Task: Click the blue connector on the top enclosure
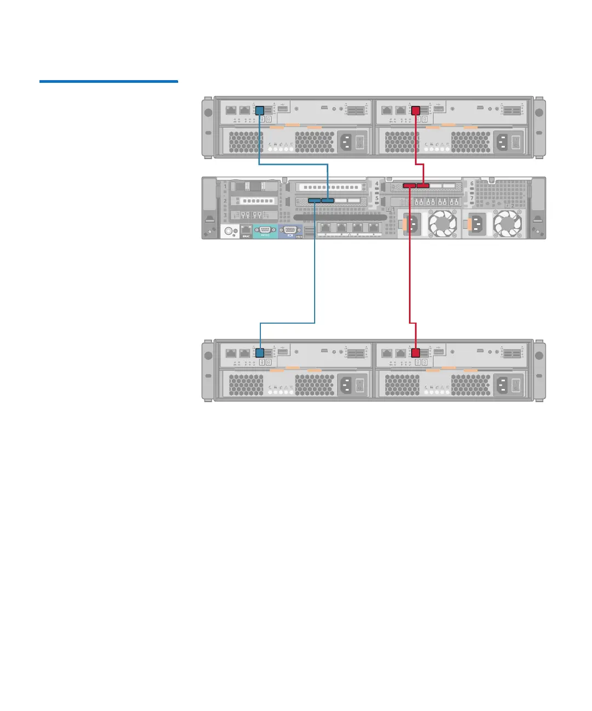point(260,110)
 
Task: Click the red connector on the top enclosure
point(415,110)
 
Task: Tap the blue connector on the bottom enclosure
point(260,353)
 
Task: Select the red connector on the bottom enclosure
point(415,353)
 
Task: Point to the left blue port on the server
point(315,201)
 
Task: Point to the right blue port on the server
point(327,201)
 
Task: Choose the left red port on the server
point(410,186)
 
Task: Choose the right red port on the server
point(423,186)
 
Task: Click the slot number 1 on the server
point(225,187)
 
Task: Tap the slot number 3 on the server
point(225,216)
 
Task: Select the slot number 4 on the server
point(377,184)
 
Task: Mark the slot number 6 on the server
point(472,184)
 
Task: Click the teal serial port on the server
point(265,231)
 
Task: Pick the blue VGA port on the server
point(291,231)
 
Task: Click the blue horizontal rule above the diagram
point(109,82)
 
